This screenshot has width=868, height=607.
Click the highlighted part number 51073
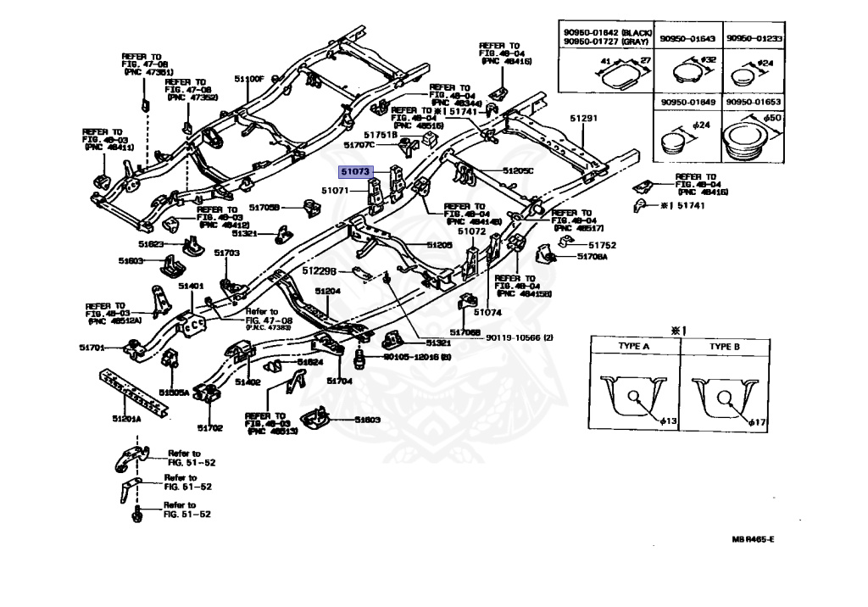[x=355, y=171]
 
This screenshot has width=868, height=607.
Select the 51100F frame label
[x=250, y=79]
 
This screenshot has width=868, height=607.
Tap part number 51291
[x=583, y=119]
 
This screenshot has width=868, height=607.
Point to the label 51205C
[x=518, y=170]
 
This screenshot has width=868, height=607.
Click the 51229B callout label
[x=320, y=270]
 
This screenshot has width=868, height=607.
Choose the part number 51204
[x=328, y=291]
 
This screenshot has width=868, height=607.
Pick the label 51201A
[x=127, y=419]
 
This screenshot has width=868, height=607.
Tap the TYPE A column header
[x=632, y=347]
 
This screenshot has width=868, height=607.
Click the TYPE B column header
[x=725, y=347]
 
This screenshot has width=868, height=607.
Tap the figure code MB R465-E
[x=754, y=539]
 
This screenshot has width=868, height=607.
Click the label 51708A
[x=593, y=256]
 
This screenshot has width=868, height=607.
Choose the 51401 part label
[x=191, y=287]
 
